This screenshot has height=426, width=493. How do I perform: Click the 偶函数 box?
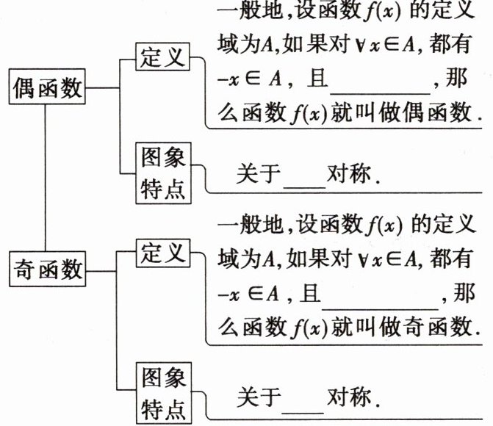coord(46,87)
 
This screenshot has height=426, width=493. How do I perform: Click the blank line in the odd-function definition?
coord(380,302)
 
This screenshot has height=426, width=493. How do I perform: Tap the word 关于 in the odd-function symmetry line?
coord(259,397)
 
